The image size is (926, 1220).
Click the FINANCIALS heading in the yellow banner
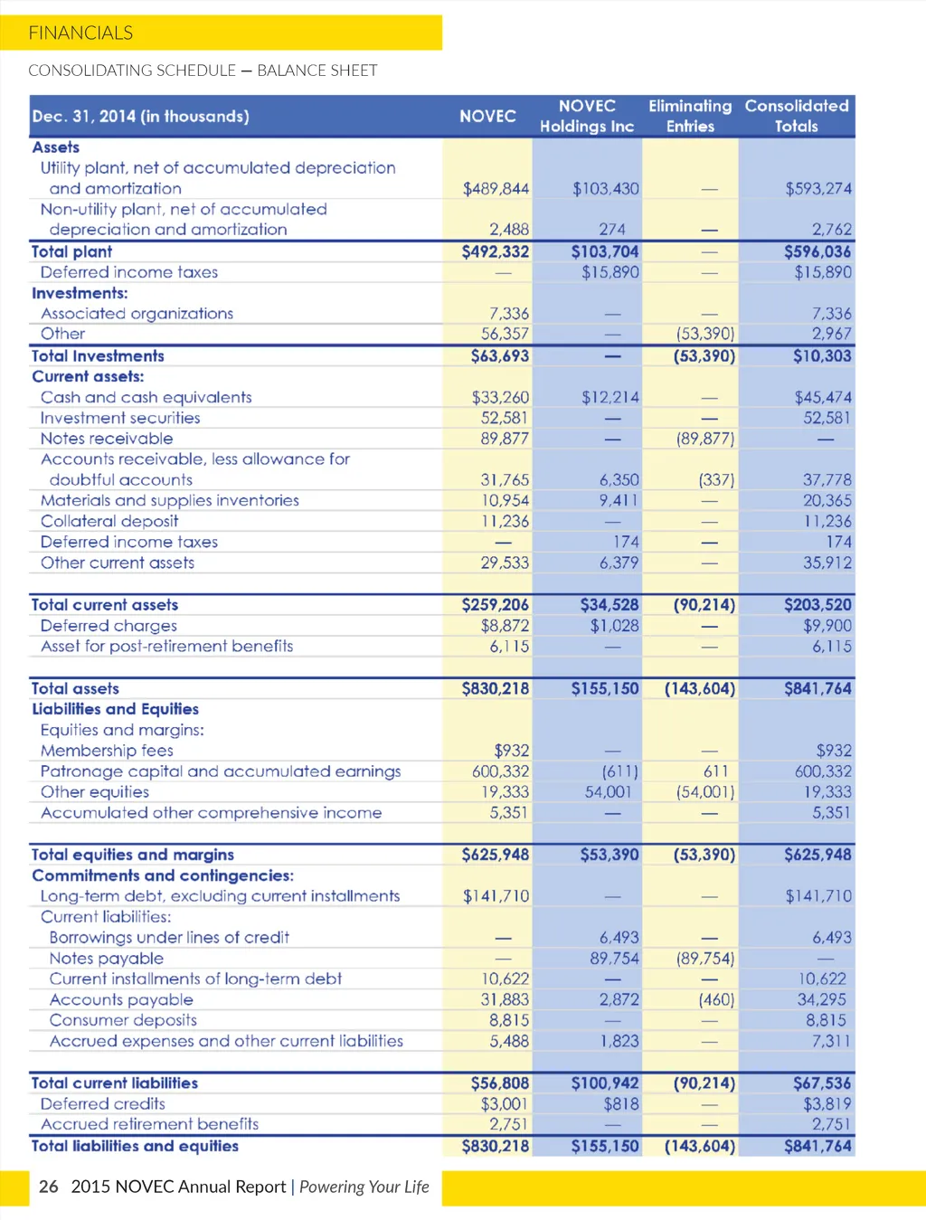tap(80, 33)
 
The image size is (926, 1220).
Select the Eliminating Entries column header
tap(690, 117)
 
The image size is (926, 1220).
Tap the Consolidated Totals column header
tap(797, 117)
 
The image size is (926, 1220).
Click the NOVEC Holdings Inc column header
tap(587, 117)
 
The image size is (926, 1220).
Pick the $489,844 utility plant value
tap(496, 189)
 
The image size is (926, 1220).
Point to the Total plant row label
tap(72, 251)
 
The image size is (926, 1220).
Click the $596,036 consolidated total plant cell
tap(817, 251)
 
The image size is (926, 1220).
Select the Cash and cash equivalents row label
tap(146, 397)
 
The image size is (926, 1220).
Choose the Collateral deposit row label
tap(109, 521)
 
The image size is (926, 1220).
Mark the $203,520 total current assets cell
tap(817, 604)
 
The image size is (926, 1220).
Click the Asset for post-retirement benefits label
tap(166, 646)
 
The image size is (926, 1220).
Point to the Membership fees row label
tap(107, 751)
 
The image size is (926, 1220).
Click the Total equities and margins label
tap(133, 855)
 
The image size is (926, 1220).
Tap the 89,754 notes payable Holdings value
tap(614, 958)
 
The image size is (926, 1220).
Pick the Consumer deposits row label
tap(123, 1020)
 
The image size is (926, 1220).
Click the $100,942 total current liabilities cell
tap(605, 1083)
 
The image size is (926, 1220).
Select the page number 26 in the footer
tap(49, 1187)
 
